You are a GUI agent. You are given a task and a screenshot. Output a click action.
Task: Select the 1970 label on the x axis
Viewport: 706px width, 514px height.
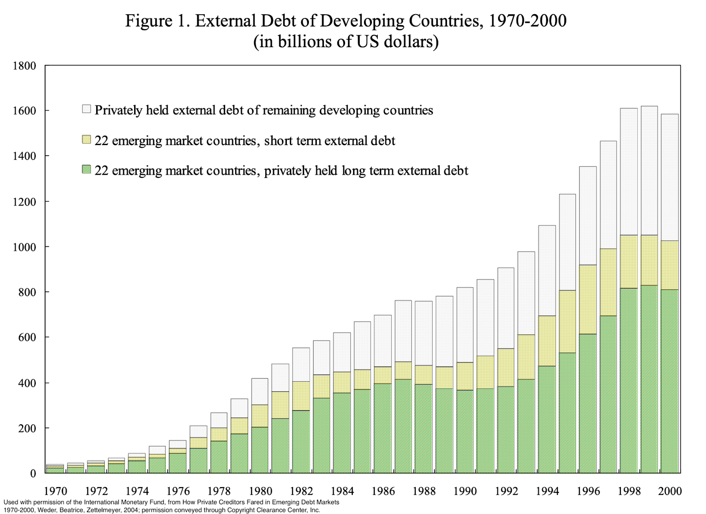(56, 491)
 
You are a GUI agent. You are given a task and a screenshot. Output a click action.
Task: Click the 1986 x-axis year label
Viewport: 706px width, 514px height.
(382, 491)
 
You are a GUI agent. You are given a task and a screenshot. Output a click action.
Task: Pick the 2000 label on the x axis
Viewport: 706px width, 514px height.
(670, 491)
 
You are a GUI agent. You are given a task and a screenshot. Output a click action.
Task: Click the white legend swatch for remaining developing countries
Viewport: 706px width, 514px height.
(86, 109)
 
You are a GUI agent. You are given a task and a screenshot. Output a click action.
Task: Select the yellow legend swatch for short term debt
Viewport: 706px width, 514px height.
(86, 140)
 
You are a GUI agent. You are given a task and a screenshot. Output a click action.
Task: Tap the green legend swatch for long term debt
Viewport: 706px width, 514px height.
(86, 169)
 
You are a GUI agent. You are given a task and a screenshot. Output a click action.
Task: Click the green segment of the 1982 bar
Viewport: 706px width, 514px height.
(301, 442)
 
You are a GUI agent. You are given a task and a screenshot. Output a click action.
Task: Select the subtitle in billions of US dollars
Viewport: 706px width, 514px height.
(345, 42)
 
